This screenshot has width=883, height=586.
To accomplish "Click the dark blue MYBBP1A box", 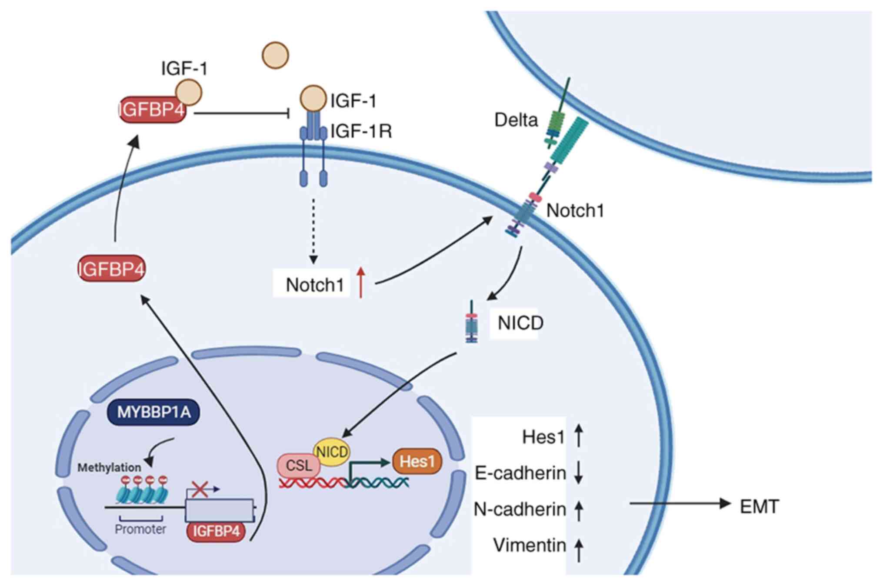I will [153, 412].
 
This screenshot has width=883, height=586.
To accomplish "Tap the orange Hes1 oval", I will [417, 461].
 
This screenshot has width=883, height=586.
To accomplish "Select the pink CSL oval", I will [299, 466].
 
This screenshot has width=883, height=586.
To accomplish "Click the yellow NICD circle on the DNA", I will [332, 452].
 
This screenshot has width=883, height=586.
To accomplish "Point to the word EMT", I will [759, 506].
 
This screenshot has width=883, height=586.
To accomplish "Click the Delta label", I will [516, 120].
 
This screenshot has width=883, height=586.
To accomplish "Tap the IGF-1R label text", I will [361, 131].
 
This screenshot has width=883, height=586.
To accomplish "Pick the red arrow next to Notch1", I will [360, 283].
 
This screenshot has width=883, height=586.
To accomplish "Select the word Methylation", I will [109, 468].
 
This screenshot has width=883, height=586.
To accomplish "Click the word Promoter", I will [140, 529].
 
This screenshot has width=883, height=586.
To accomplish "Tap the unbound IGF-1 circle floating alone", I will [275, 55].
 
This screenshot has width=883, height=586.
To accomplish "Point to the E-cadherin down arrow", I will [578, 473].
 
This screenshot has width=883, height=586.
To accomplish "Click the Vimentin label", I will [529, 545].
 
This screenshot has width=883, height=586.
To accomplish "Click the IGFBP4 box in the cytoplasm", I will [111, 269].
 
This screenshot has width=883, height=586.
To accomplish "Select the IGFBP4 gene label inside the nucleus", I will [216, 531].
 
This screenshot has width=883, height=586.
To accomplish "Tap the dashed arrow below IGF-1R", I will [313, 230].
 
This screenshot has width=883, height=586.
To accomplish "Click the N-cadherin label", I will [520, 509].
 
